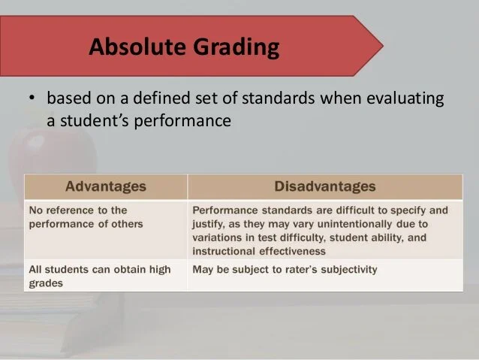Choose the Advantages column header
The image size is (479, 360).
click(x=106, y=186)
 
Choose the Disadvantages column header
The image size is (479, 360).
click(x=325, y=186)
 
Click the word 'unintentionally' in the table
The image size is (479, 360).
click(x=351, y=223)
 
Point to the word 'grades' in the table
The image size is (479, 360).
click(x=44, y=283)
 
